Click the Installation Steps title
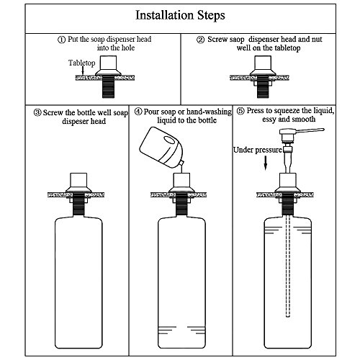click(x=180, y=15)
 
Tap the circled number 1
click(x=62, y=40)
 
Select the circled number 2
click(x=201, y=40)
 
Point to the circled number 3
click(x=37, y=112)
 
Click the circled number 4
click(x=138, y=112)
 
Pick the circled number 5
click(x=240, y=111)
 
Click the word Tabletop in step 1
click(x=82, y=63)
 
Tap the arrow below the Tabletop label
click(x=83, y=71)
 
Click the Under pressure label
click(x=258, y=150)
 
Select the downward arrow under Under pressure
click(x=266, y=163)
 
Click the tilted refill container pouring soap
click(x=161, y=147)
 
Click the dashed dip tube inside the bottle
click(x=288, y=266)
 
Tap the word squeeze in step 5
click(x=287, y=111)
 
